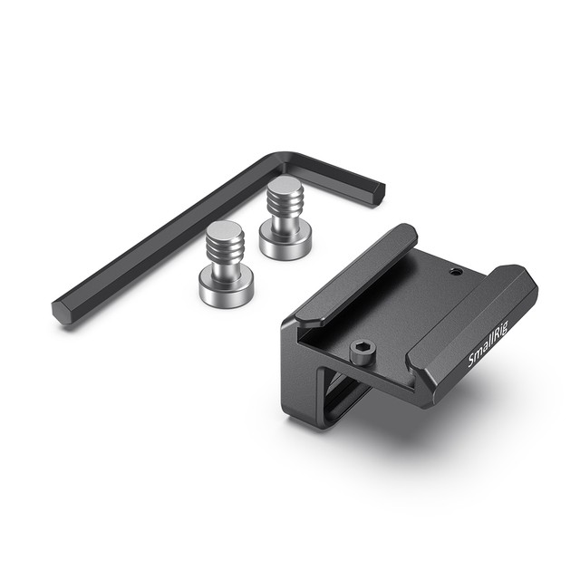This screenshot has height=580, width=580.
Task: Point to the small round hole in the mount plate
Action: click(455, 271)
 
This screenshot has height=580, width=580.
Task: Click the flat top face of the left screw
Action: click(223, 228)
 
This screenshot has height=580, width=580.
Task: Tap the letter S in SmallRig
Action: click(473, 364)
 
